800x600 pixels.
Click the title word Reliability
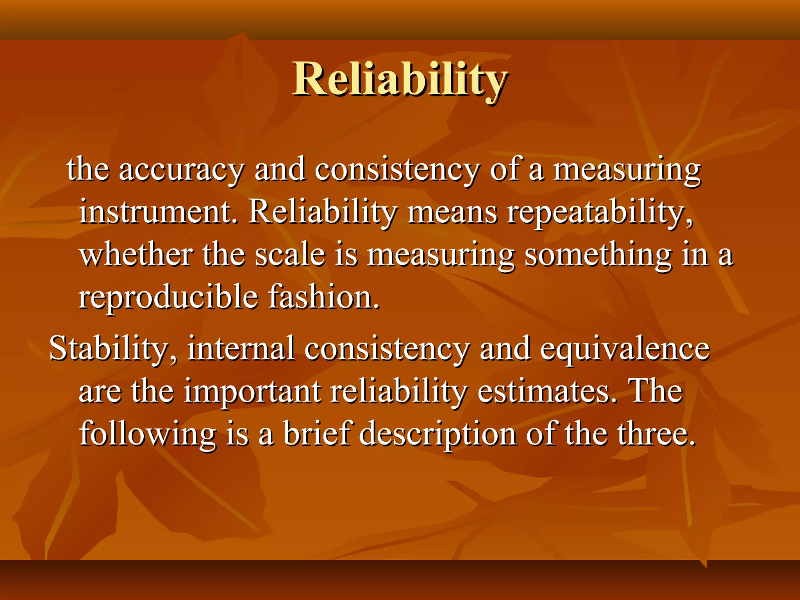pos(400,79)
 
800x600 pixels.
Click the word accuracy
pos(182,170)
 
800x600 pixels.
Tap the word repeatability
pos(600,213)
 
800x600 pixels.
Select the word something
pos(598,256)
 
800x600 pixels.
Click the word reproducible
pos(168,298)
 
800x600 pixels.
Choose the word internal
pos(241,348)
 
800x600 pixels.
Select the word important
pos(252,392)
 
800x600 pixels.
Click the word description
pos(437,435)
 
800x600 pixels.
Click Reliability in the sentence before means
pos(322,213)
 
